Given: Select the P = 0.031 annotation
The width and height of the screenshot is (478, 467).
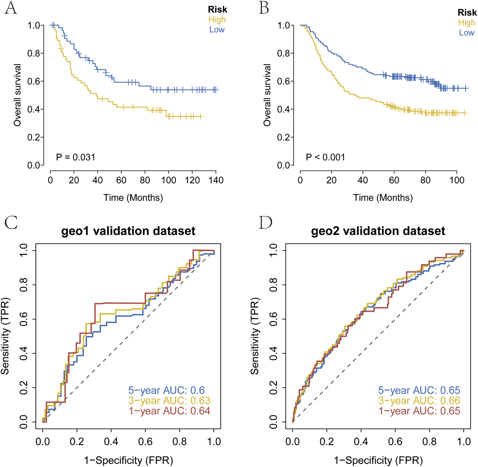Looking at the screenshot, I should click(x=76, y=157).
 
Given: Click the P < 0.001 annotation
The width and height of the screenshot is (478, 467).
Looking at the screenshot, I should click(x=326, y=157).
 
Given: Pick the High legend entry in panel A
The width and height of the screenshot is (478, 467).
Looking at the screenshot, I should click(x=217, y=19).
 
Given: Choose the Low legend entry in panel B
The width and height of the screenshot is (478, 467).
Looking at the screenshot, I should click(x=466, y=33).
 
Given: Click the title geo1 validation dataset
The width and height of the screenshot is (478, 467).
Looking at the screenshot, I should click(x=128, y=231).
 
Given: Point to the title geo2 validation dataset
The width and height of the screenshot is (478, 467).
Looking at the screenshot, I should click(x=378, y=231).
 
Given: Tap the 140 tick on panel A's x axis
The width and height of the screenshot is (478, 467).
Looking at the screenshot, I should click(x=215, y=180).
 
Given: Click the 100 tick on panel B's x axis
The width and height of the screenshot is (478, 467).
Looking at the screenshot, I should click(x=457, y=180).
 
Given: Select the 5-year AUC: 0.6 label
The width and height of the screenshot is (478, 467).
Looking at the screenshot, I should click(x=167, y=390).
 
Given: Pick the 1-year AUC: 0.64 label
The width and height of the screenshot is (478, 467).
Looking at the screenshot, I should click(x=169, y=411).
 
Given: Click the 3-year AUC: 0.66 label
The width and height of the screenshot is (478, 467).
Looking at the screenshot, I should click(x=419, y=400).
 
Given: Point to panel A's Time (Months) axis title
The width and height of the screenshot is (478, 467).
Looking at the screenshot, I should click(x=133, y=198).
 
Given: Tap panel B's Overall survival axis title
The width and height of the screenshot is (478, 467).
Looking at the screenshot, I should click(x=267, y=95).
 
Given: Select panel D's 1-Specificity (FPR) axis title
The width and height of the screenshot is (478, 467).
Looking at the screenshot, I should click(x=378, y=460).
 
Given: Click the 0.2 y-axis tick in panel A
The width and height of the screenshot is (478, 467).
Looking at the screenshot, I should click(x=33, y=137).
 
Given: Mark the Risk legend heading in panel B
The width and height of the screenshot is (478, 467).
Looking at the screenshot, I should click(x=467, y=12).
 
